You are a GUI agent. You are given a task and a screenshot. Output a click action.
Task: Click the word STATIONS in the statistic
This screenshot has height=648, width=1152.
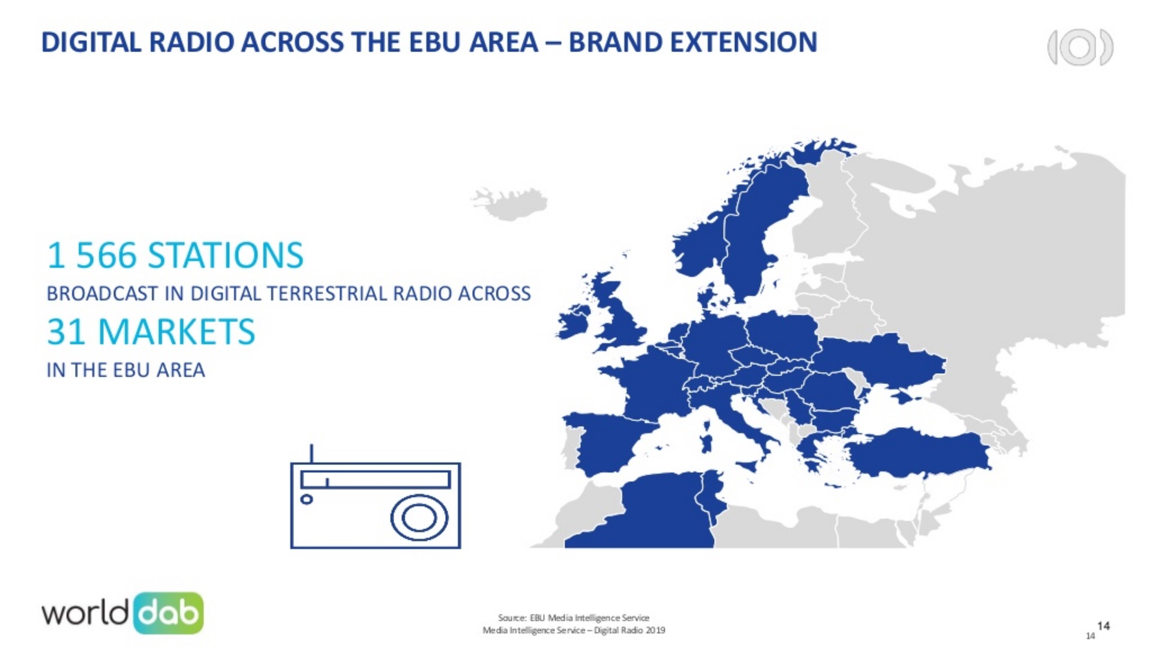click(x=226, y=255)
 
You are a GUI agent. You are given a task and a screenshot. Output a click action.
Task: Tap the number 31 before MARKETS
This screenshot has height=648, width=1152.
click(x=67, y=332)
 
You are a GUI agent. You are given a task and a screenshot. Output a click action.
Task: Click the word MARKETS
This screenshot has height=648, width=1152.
click(x=176, y=332)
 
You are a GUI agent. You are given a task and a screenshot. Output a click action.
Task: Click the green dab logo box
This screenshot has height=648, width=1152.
click(x=169, y=613)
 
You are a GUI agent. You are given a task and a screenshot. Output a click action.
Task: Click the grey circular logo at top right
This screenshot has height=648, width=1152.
click(x=1080, y=47)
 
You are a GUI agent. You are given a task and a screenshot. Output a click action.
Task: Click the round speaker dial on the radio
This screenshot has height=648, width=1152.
click(x=419, y=518)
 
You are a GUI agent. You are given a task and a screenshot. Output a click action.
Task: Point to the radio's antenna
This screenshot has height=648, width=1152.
click(x=311, y=454)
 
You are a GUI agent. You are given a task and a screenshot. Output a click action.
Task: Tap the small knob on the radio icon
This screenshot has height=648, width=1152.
click(x=307, y=499)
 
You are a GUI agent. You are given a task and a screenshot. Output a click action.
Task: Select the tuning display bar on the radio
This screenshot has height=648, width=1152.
click(x=376, y=479)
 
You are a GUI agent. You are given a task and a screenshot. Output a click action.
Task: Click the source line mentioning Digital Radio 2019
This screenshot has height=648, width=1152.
click(x=574, y=630)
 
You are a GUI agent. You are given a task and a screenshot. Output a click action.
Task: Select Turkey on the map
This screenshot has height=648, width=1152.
click(x=918, y=453)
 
